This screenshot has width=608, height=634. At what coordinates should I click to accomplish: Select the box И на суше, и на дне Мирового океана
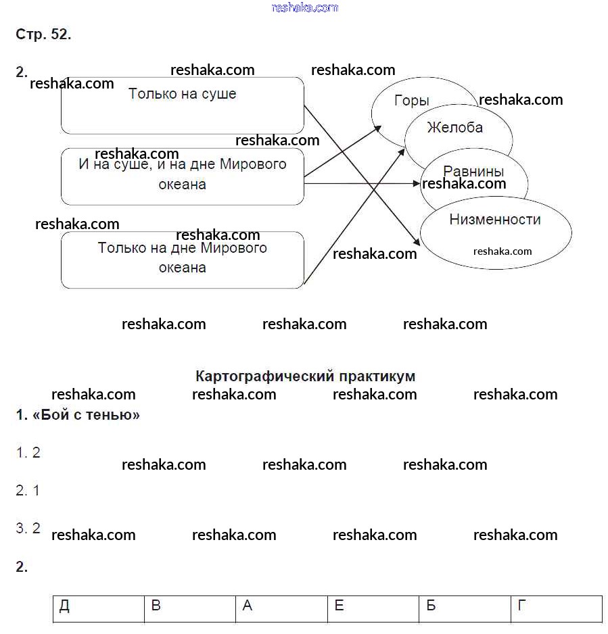coord(182,176)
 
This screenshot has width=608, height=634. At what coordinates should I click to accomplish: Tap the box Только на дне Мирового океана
coord(182,260)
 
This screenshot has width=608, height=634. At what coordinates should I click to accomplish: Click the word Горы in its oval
coord(411,101)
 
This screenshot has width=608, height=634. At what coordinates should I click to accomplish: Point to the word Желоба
coord(454,128)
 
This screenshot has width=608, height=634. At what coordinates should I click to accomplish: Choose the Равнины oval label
coord(473,172)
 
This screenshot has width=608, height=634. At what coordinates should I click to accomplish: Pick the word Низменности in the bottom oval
coord(494,220)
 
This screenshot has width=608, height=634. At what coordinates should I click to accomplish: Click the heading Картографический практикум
coord(305,376)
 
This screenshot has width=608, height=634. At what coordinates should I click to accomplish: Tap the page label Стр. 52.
coord(43,34)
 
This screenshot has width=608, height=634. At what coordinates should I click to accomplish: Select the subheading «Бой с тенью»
coord(78,415)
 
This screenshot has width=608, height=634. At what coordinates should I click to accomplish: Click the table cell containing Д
coord(99,608)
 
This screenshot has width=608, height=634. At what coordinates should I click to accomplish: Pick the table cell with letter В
coord(190,608)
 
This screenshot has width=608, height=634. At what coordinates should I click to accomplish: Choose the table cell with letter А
coord(281,608)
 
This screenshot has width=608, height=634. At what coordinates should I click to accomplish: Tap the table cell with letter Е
coord(373,608)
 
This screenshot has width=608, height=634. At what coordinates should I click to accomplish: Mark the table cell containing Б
coord(465,608)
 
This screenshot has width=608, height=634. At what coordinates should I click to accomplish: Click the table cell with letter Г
coord(556,608)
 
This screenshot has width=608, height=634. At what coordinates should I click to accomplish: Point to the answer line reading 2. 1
coord(28,491)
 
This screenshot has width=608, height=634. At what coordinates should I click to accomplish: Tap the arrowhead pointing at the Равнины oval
coord(417,183)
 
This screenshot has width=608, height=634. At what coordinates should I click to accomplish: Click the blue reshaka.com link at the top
coord(304,7)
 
